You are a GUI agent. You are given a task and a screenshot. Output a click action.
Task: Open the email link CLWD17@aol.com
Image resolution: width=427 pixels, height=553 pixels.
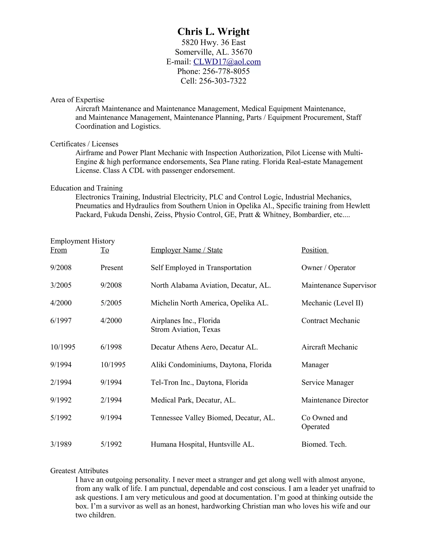227,62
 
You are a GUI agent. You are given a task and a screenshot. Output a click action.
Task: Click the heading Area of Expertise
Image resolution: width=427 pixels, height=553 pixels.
77,100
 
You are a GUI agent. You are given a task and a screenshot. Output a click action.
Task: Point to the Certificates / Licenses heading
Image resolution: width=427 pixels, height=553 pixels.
84,144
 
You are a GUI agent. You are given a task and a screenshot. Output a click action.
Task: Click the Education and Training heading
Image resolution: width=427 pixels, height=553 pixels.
87,188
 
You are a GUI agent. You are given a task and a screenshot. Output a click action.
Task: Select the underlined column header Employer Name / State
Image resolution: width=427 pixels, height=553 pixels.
186,250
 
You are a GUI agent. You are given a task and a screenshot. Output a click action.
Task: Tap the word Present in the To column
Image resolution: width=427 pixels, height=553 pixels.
112,268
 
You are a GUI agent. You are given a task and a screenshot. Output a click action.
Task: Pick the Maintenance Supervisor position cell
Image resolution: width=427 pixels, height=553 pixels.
338,285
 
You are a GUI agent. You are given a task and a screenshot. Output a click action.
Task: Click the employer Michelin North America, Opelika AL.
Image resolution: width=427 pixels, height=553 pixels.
210,303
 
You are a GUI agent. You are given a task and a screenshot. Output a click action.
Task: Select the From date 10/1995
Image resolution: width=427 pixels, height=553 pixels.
63,347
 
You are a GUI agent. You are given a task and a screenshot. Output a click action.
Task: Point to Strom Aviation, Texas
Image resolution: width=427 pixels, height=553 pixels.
185,330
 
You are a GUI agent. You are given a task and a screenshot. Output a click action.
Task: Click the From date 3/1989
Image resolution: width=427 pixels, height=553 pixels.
61,444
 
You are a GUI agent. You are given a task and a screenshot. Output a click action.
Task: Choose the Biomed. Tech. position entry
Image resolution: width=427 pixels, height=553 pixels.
324,444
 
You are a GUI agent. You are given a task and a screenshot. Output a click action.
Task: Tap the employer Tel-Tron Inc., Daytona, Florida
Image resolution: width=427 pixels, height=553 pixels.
199,382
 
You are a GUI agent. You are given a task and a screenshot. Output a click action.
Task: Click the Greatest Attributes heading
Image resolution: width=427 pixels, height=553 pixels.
79,471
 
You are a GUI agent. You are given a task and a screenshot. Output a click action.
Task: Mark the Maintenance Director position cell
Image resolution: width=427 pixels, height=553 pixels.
335,400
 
